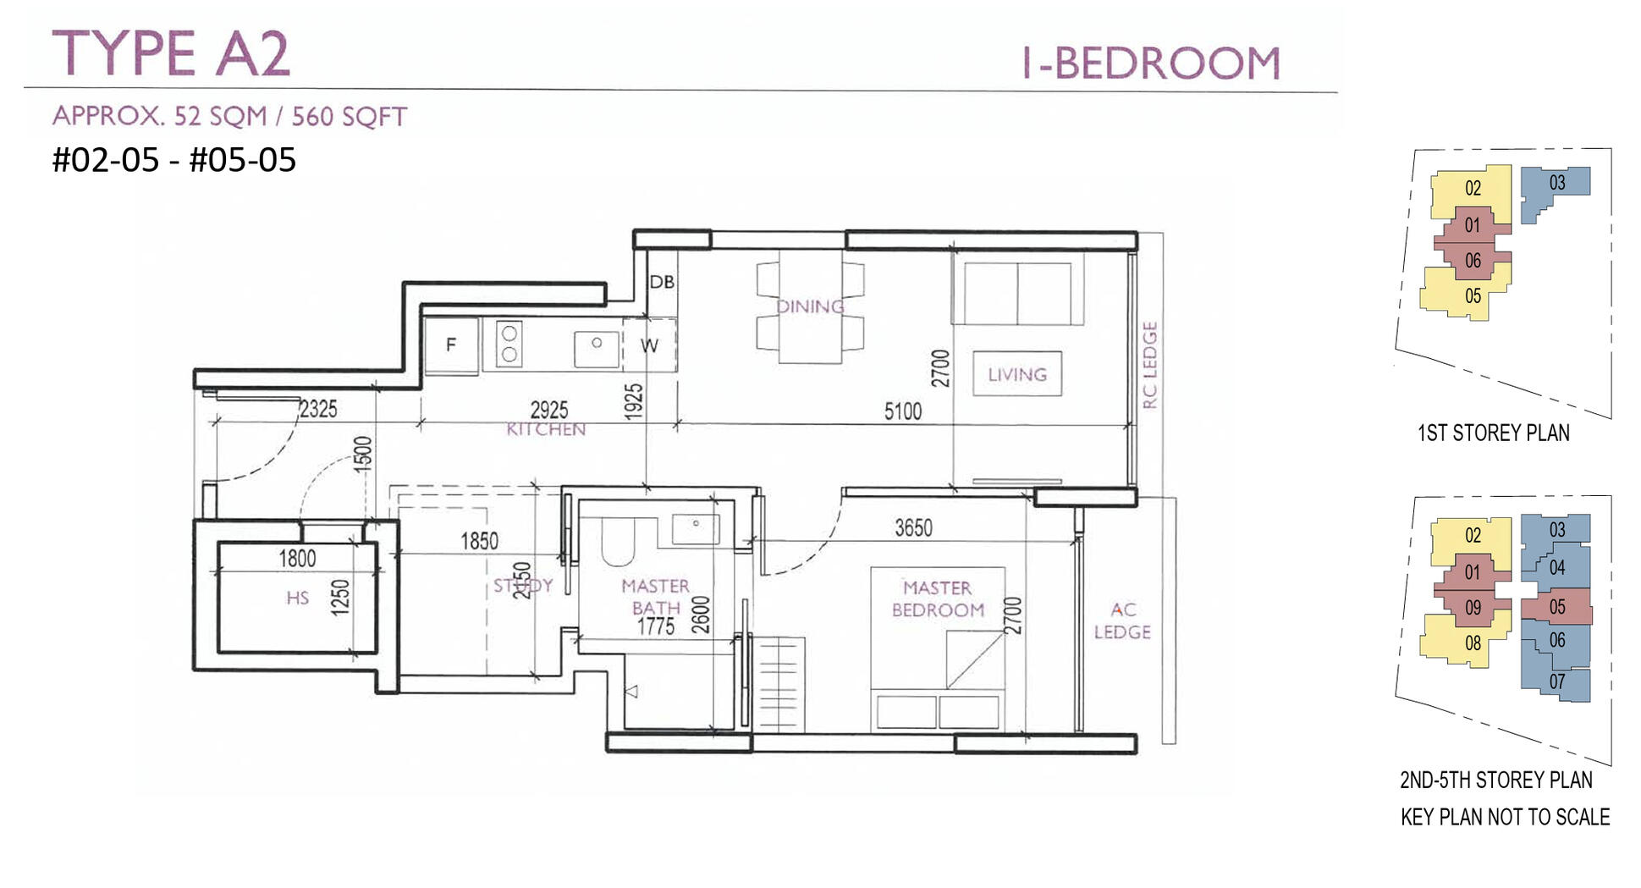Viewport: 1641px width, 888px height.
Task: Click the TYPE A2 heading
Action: (x=172, y=53)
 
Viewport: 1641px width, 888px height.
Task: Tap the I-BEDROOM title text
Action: (x=1152, y=63)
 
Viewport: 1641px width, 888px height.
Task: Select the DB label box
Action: (x=662, y=282)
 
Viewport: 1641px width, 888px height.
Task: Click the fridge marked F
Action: (x=451, y=344)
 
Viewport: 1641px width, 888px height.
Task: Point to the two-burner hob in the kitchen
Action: (x=509, y=344)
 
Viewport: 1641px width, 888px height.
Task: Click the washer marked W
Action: (x=649, y=345)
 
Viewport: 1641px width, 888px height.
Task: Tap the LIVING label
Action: (x=1017, y=374)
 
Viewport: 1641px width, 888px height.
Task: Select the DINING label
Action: (x=810, y=306)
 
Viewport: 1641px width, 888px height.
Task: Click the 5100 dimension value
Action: (x=902, y=411)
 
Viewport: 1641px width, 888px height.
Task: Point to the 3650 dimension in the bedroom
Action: (x=913, y=528)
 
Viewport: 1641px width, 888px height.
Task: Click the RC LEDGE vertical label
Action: (x=1149, y=365)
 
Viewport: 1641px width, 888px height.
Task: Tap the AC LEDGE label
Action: (x=1122, y=620)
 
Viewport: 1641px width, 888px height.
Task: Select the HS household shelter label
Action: (x=297, y=598)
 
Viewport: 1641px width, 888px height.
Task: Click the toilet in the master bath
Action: (x=618, y=543)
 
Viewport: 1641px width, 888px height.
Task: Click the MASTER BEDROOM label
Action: (x=938, y=598)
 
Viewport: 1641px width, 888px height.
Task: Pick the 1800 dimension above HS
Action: (x=297, y=558)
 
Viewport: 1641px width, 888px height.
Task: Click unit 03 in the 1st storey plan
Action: (x=1556, y=183)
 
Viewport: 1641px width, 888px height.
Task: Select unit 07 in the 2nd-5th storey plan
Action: (x=1556, y=681)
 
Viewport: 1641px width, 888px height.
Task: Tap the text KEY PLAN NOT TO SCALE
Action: (x=1505, y=817)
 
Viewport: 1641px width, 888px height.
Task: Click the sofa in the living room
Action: (x=1017, y=293)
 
